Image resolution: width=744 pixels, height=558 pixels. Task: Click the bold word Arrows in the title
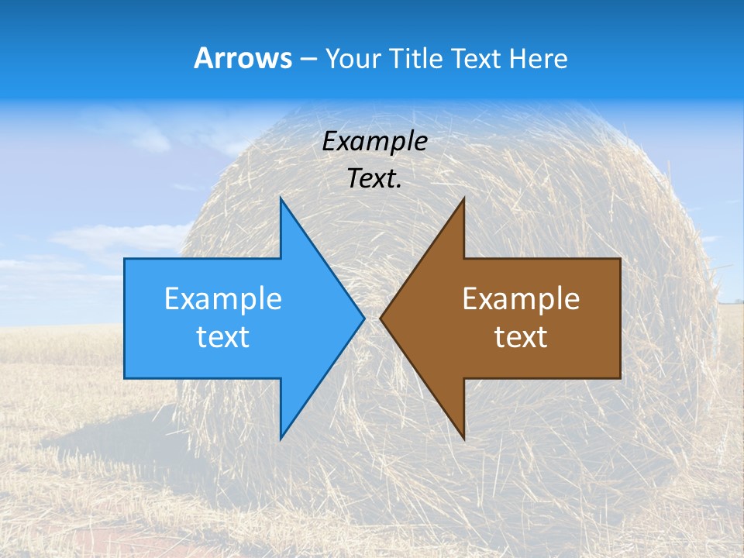click(243, 58)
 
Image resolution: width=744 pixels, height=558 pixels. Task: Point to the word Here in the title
click(539, 59)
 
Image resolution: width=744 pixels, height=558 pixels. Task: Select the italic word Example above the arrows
click(375, 141)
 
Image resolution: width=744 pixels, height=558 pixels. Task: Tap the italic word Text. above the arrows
click(375, 179)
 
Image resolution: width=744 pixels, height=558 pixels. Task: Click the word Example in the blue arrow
click(223, 298)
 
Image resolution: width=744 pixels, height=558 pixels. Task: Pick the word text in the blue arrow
click(223, 337)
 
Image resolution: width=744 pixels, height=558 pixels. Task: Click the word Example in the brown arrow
click(521, 298)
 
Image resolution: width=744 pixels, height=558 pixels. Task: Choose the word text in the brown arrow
click(521, 337)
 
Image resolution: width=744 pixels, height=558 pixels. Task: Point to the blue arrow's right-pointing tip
click(364, 317)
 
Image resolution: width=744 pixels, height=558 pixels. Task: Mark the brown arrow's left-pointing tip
click(380, 317)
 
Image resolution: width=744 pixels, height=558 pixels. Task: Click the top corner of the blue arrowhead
click(281, 198)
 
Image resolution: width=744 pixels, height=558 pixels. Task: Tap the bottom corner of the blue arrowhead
click(281, 439)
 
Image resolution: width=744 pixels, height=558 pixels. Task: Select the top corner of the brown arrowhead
click(463, 198)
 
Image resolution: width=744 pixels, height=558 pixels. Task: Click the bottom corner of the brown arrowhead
click(463, 439)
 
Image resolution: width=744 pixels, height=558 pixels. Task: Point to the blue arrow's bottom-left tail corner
click(125, 378)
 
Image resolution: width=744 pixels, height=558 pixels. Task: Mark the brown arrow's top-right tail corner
click(620, 259)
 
